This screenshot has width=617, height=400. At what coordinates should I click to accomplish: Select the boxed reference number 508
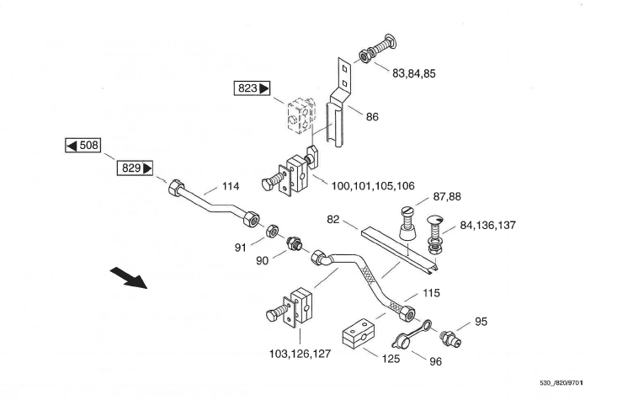(84, 146)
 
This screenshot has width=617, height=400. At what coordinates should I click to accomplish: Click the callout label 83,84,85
(414, 73)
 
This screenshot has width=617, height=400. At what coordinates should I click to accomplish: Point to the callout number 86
(372, 117)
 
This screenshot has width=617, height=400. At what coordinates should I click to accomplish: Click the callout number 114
(231, 186)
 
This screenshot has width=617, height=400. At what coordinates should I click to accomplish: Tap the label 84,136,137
(488, 226)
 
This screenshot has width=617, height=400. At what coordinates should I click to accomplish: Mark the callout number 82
(333, 219)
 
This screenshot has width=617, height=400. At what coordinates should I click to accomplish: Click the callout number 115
(430, 292)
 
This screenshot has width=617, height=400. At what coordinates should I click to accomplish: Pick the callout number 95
(481, 321)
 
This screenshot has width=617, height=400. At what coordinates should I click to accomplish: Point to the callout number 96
(435, 362)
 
